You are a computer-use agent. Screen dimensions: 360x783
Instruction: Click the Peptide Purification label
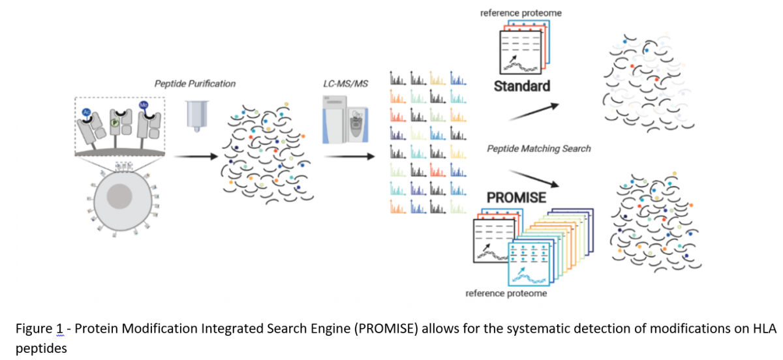pyautogui.click(x=195, y=83)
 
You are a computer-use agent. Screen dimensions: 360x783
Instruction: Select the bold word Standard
pyautogui.click(x=521, y=85)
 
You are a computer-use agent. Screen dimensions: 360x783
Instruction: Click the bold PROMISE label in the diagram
pyautogui.click(x=515, y=197)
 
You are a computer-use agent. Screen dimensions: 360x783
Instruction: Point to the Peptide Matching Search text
pyautogui.click(x=539, y=149)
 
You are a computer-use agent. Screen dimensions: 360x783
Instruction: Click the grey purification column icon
pyautogui.click(x=195, y=115)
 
